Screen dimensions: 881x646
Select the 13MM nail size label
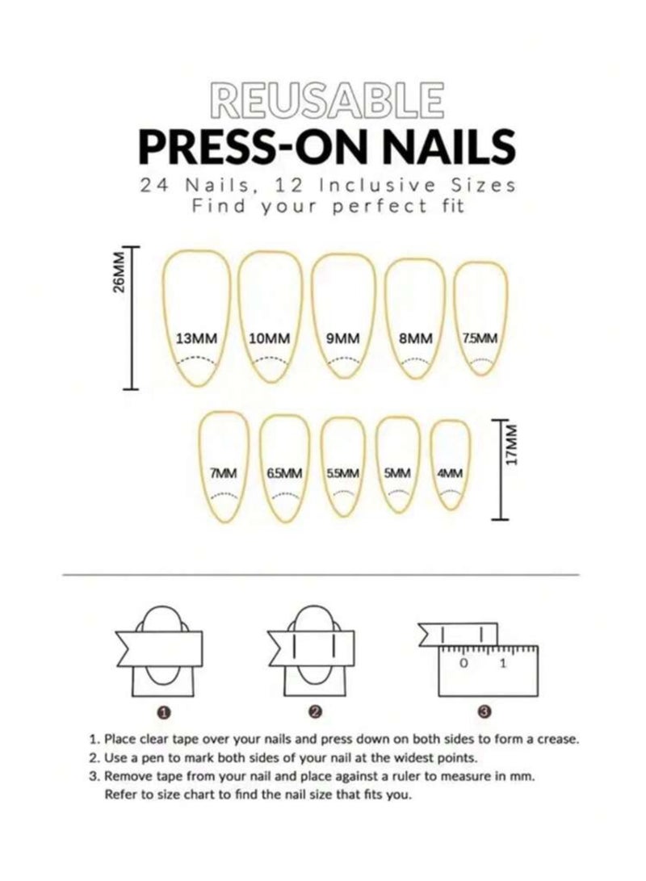pos(196,338)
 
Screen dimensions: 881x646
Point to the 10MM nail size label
pos(270,338)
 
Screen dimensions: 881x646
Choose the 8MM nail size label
pos(415,338)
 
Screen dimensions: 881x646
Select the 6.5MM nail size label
pos(284,474)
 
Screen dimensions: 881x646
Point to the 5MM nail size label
pos(397,474)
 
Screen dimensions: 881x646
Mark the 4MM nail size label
pos(450,474)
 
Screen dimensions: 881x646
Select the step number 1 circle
pos(165,711)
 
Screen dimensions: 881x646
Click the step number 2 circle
pos(316,711)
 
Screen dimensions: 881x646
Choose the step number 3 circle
pos(484,711)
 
